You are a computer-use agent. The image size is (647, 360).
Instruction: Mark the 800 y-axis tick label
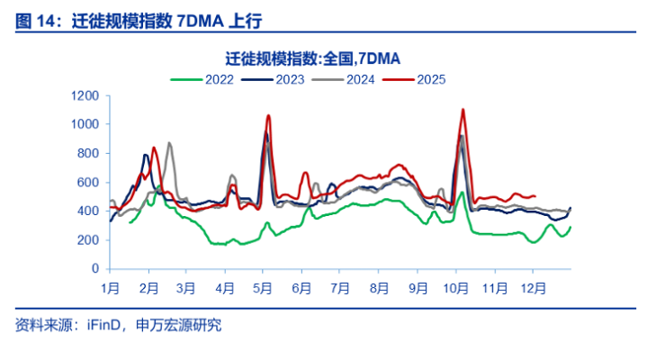click(86, 153)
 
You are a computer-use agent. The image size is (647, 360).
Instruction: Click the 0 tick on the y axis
click(94, 269)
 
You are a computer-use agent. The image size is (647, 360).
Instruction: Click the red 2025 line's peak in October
click(463, 110)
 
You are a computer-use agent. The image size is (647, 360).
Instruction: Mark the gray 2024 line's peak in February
click(169, 143)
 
